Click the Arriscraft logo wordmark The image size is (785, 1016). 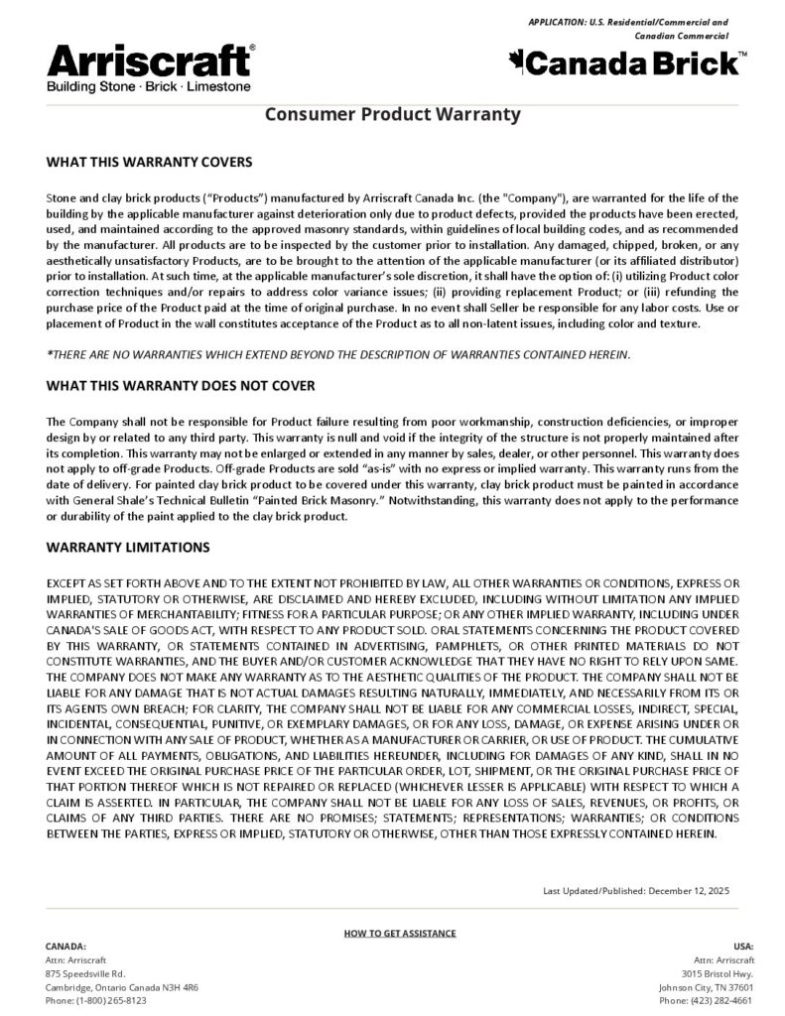(150, 63)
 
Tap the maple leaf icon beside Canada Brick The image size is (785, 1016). (517, 63)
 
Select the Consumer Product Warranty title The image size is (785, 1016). (392, 114)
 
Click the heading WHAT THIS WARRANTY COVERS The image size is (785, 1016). (149, 161)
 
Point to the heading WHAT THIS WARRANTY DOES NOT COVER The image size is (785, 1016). (181, 385)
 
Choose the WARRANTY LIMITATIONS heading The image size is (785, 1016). (128, 547)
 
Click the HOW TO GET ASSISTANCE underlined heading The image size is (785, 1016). (400, 934)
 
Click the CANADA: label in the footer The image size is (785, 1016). (66, 947)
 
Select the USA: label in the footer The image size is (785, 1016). (743, 947)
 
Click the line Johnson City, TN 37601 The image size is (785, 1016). (706, 988)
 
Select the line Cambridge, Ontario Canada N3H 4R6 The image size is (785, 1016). (122, 988)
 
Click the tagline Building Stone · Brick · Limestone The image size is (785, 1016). (149, 87)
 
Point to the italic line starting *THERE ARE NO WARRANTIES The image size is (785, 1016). (338, 354)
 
